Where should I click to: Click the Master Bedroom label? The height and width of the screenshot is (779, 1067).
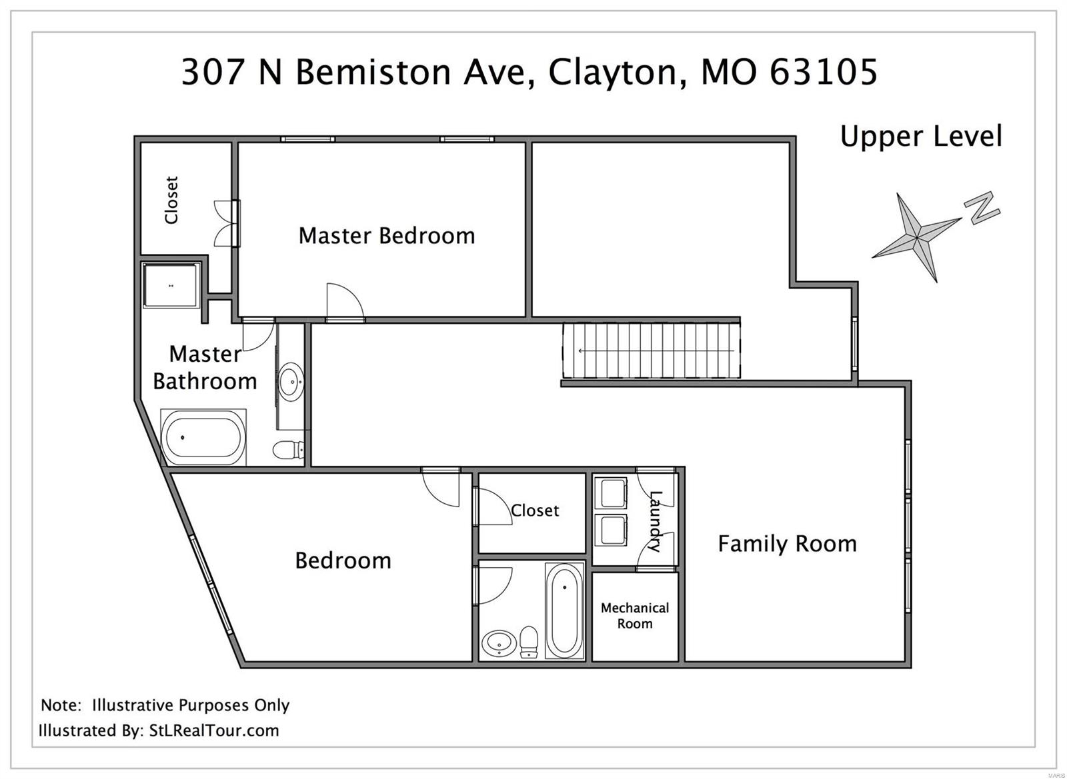pos(386,235)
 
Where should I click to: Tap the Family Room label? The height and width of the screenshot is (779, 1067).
pos(787,544)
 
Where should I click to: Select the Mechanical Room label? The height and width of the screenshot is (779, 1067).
pos(634,616)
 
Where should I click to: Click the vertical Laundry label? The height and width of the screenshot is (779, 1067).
pos(655,521)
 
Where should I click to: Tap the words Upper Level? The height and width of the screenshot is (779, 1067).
pos(921,137)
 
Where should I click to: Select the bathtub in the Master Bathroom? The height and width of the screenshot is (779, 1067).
pos(204,437)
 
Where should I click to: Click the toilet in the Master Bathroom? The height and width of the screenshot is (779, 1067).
pos(288,450)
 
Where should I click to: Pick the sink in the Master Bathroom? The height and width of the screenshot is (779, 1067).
pos(291,382)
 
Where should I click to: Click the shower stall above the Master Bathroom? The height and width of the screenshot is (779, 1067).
pos(171,285)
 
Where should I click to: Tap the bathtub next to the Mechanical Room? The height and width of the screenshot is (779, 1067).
pos(564,610)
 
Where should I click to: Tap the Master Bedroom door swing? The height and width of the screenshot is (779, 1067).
pos(344,303)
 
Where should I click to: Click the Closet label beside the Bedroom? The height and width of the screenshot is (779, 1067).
pos(534,510)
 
